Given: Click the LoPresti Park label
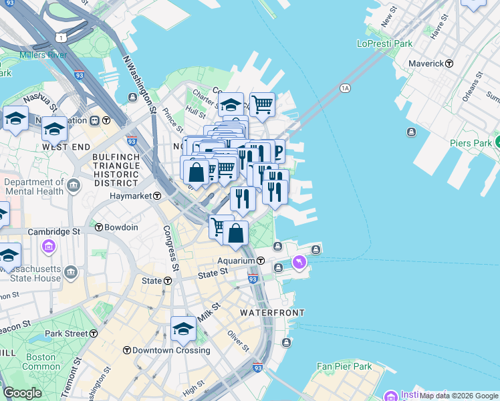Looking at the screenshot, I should click(x=384, y=44).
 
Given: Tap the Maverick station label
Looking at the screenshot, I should click(x=427, y=63).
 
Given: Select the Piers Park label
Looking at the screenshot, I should click(x=469, y=142).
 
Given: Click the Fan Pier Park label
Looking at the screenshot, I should click(x=344, y=366).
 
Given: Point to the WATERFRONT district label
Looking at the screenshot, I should click(x=272, y=313).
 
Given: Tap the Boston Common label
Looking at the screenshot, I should click(x=41, y=362).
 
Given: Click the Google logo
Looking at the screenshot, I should click(x=21, y=393).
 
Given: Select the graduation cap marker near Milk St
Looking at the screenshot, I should click(x=183, y=329).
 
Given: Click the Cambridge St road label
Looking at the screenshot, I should click(x=53, y=232).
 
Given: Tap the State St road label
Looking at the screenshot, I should click(x=213, y=273).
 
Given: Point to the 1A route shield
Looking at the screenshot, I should click(x=345, y=88).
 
